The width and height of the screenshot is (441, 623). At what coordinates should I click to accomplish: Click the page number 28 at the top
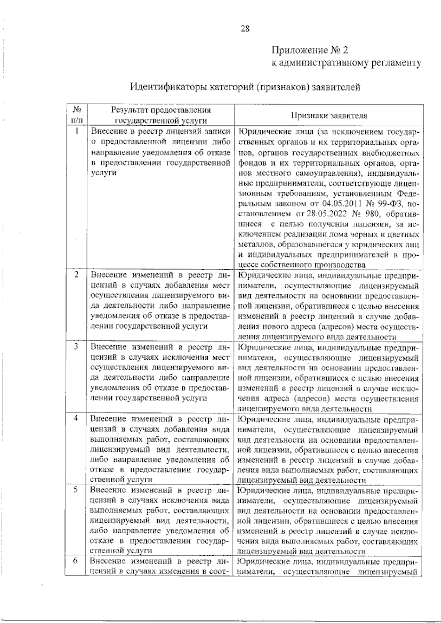point(245,29)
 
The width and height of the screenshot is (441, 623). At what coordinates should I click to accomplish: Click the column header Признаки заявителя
point(329,115)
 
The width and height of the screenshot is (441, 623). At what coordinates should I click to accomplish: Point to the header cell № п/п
point(76,115)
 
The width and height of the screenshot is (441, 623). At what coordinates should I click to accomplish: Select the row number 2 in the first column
point(76,275)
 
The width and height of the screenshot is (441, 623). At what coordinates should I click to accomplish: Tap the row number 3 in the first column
point(76,346)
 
